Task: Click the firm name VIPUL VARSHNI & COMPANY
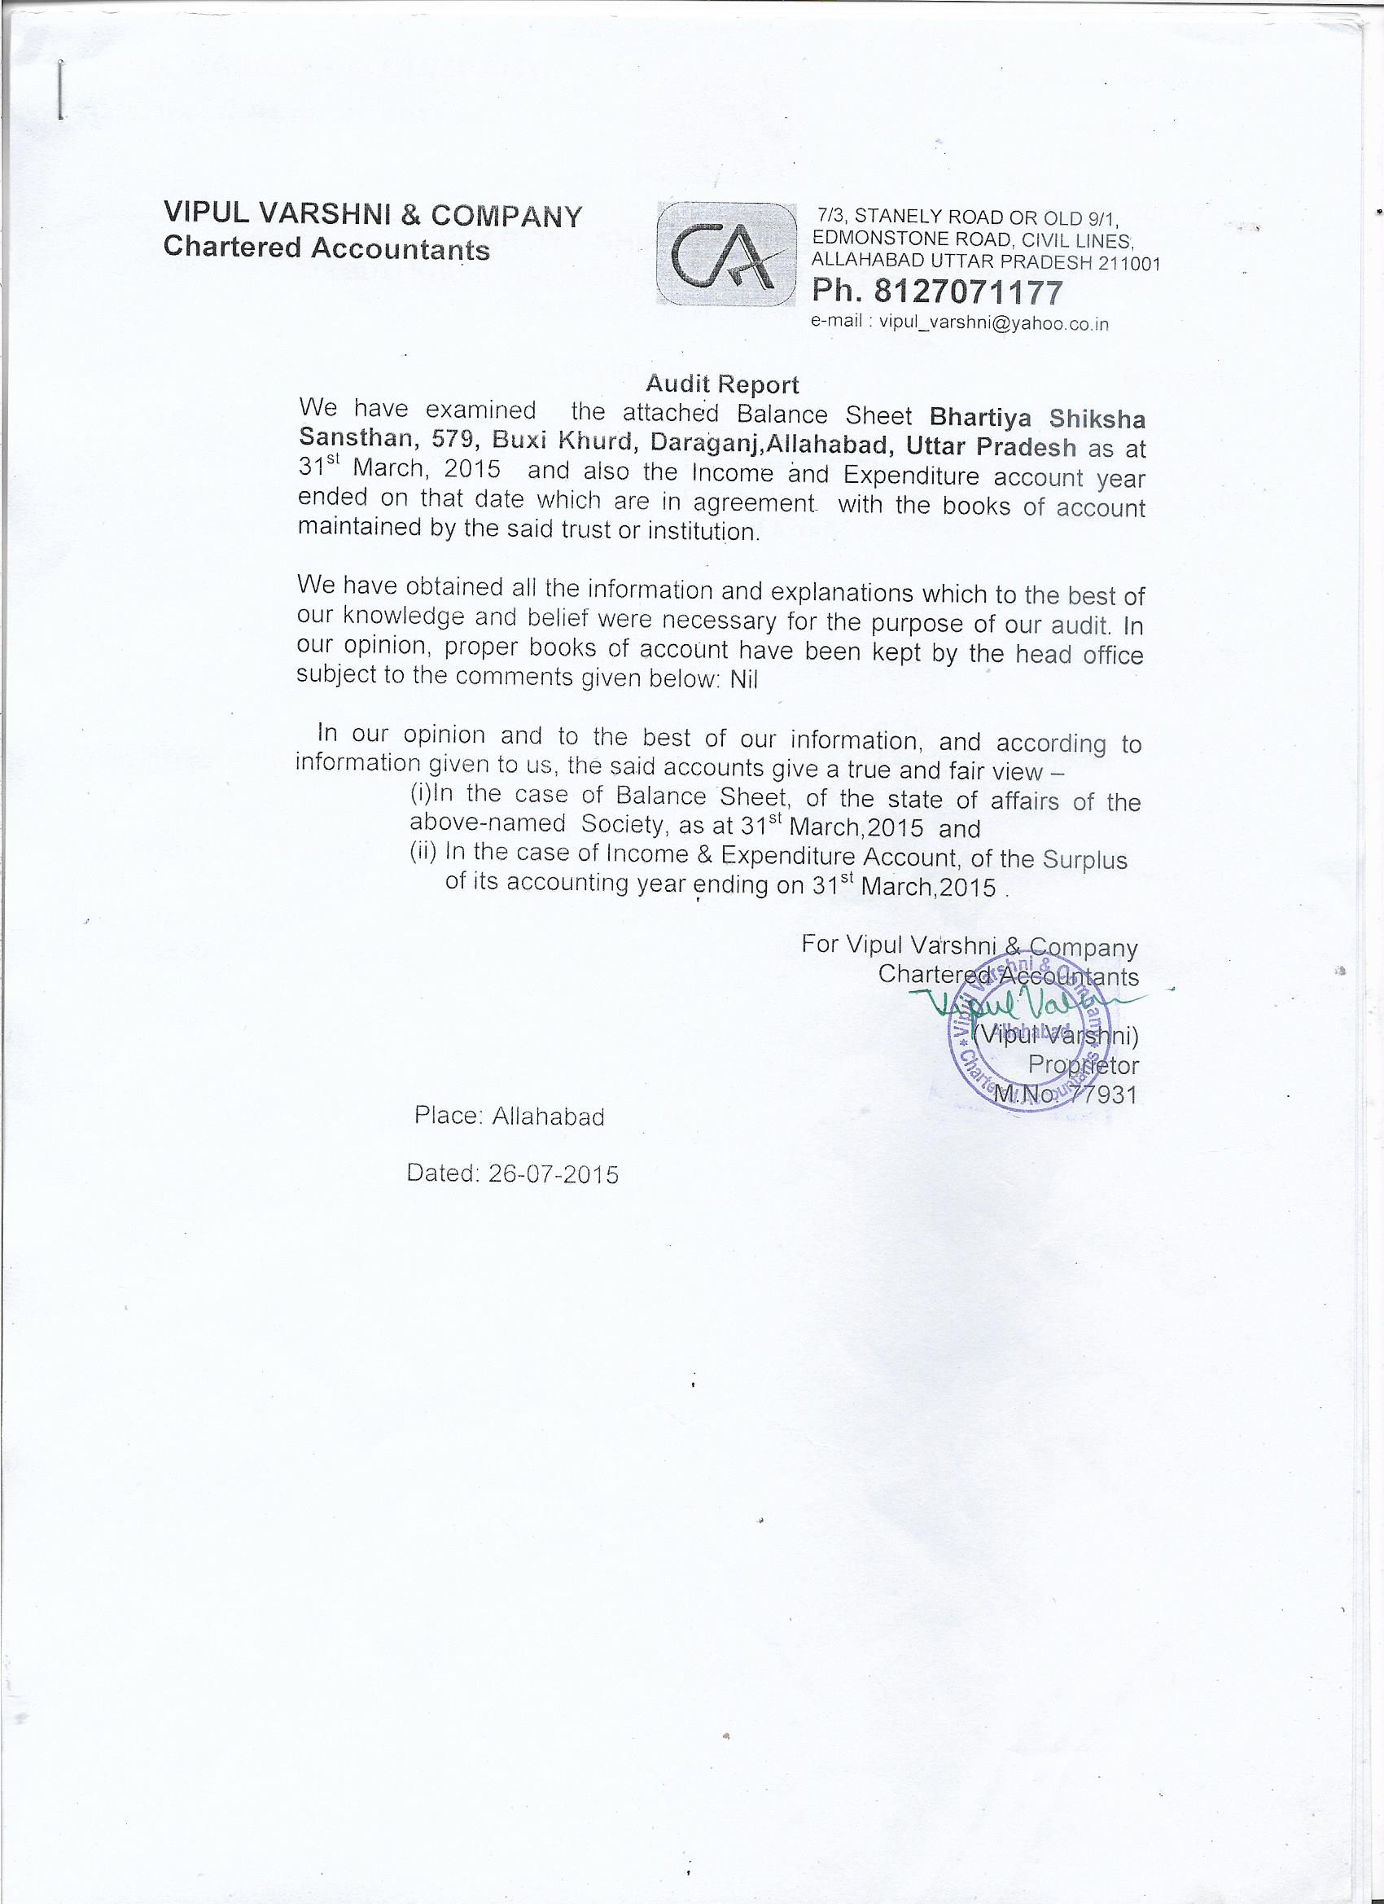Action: pos(373,215)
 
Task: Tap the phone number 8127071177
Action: pos(969,292)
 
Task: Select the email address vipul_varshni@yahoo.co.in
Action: pos(993,324)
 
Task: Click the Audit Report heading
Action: pos(722,384)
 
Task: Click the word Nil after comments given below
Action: pos(743,680)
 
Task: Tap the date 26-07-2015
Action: pos(553,1174)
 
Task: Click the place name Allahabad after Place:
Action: pos(548,1117)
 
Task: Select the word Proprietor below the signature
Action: pos(1083,1065)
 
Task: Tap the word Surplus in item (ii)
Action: pos(1084,861)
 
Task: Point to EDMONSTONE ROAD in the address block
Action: pos(891,239)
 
